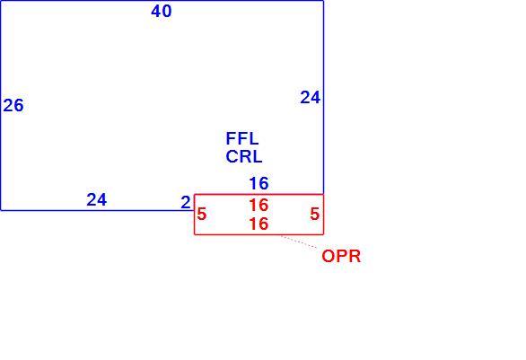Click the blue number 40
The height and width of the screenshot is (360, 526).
[x=162, y=11]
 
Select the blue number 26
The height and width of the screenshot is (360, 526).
[x=13, y=105]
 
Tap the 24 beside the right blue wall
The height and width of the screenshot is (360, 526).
[x=311, y=98]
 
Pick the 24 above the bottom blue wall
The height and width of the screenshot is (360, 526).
[x=97, y=199]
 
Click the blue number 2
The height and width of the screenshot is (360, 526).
[x=186, y=203]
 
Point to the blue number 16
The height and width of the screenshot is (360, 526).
[x=259, y=183]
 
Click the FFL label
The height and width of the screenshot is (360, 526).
[x=242, y=138]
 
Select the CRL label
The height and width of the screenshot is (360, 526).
[x=244, y=157]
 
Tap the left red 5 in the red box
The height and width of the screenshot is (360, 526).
[x=202, y=214]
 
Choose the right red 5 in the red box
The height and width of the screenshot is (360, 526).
[x=315, y=214]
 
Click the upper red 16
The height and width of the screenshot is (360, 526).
[x=259, y=205]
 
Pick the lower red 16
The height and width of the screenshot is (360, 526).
[x=259, y=224]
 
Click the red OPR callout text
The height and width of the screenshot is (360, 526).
[x=341, y=257]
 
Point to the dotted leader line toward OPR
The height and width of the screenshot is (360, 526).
[x=299, y=241]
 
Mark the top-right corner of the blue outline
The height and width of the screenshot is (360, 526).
[x=323, y=1]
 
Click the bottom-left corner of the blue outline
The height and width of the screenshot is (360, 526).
[x=1, y=210]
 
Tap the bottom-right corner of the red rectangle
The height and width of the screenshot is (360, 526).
[x=323, y=234]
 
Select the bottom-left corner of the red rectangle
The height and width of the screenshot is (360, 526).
[x=195, y=234]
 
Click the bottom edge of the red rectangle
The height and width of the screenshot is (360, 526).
[x=259, y=234]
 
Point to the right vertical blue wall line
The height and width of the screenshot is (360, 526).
[x=323, y=97]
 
